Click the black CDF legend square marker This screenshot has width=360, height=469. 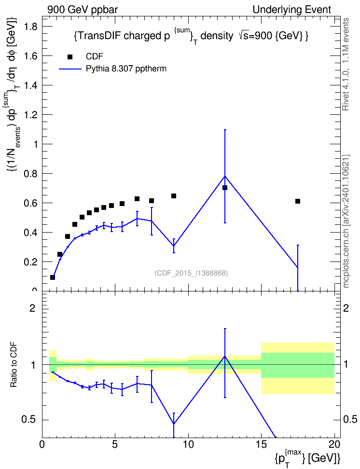click(x=69, y=57)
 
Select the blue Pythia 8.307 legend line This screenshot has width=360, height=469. click(x=70, y=69)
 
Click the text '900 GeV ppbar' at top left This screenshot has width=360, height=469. click(x=83, y=10)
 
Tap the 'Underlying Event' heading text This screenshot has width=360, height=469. click(x=292, y=10)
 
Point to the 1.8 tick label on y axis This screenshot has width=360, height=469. click(x=30, y=27)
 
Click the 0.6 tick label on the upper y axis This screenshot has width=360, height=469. click(x=30, y=203)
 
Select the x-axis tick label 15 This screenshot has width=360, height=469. click(x=261, y=444)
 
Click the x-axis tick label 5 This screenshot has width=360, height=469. click(x=115, y=444)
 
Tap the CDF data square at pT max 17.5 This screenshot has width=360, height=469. click(x=297, y=201)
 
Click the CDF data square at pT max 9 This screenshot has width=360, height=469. click(x=174, y=196)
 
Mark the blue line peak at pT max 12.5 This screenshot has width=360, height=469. click(x=225, y=176)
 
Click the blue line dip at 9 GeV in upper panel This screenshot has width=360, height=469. click(x=174, y=246)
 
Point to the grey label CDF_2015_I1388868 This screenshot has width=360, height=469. click(x=191, y=273)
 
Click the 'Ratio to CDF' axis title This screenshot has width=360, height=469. click(x=14, y=365)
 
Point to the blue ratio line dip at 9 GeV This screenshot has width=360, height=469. click(x=174, y=424)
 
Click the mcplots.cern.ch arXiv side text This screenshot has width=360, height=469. click(x=346, y=221)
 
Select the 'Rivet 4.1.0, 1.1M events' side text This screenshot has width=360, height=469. click(x=346, y=64)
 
